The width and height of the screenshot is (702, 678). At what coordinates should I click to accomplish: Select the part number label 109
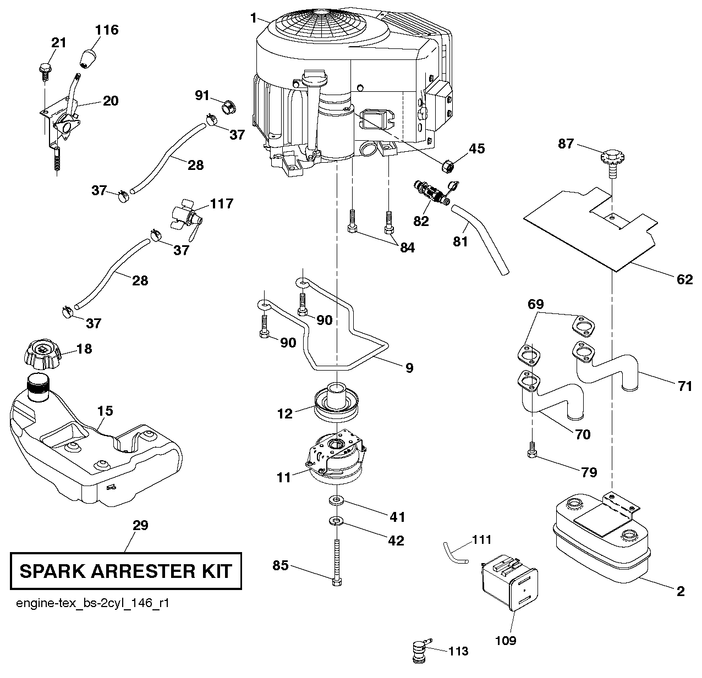[x=506, y=640]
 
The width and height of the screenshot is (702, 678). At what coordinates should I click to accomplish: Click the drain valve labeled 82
[x=430, y=193]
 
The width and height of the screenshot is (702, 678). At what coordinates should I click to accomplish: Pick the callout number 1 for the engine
[x=253, y=18]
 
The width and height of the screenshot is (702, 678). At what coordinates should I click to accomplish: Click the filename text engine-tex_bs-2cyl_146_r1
[x=92, y=603]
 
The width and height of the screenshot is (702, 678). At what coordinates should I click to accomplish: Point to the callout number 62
[x=684, y=279]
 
